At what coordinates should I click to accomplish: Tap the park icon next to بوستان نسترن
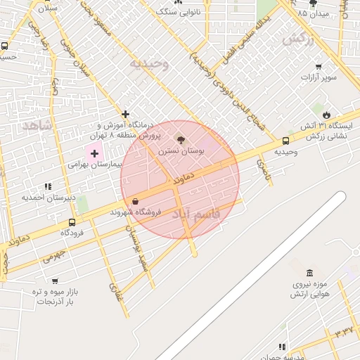181,140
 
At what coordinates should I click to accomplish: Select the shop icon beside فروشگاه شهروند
135,201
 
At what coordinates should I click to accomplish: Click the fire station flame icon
326,115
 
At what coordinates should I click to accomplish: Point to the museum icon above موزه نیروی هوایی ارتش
310,273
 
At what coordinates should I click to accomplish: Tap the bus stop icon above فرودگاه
72,222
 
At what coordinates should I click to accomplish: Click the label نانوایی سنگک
179,12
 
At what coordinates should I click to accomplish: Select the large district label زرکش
298,39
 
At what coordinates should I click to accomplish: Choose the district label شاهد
37,125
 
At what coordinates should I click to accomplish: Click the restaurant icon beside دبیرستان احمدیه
48,186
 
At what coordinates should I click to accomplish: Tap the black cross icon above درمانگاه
126,114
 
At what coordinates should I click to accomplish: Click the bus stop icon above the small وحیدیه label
285,141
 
